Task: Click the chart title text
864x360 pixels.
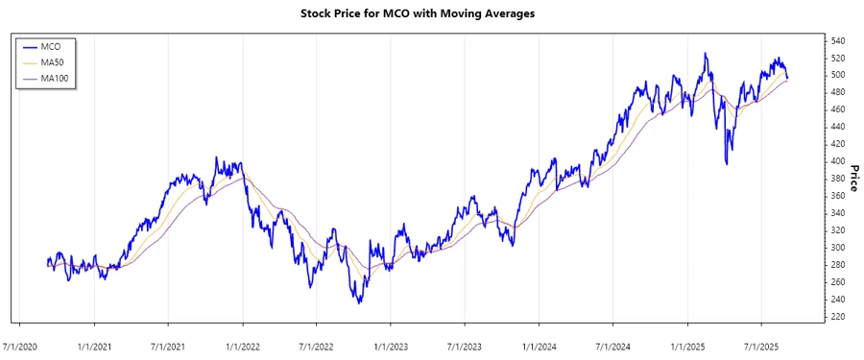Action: point(432,15)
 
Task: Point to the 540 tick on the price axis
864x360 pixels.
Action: point(838,40)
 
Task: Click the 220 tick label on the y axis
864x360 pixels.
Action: point(838,317)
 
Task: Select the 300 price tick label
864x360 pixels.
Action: point(838,248)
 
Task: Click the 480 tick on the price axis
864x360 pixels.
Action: point(838,92)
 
